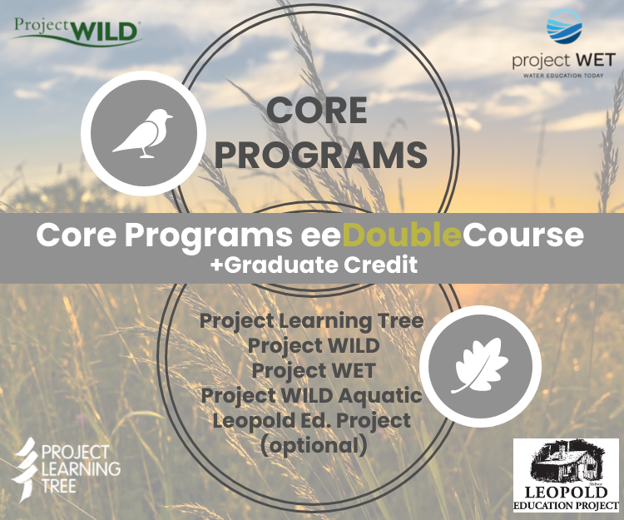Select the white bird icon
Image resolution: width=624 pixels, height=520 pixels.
click(x=142, y=133)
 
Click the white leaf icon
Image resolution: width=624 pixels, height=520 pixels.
click(x=480, y=367)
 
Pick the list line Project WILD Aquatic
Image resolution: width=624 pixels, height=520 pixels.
click(x=312, y=395)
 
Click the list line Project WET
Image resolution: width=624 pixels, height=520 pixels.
click(x=312, y=371)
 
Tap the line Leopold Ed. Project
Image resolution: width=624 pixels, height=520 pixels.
click(x=312, y=420)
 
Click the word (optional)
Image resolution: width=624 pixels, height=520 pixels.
click(x=312, y=445)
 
